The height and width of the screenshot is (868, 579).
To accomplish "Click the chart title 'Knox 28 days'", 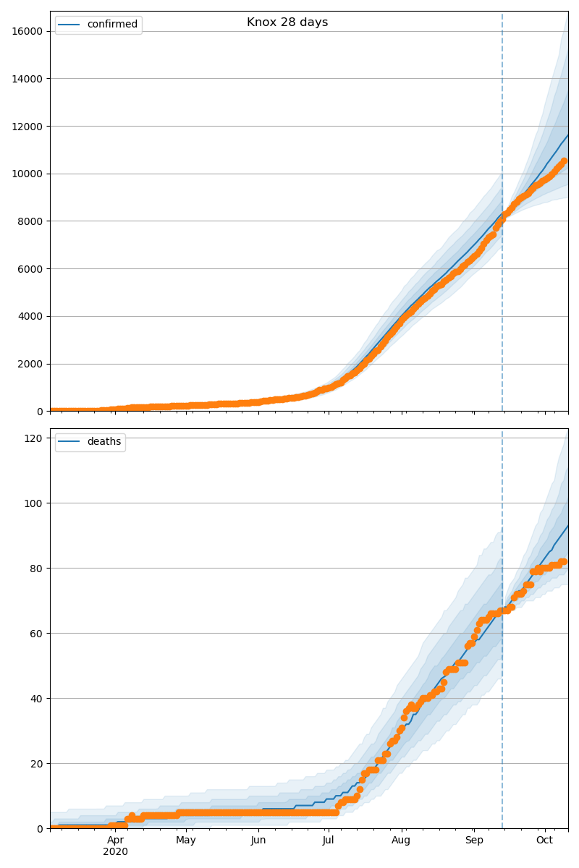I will tap(287, 22).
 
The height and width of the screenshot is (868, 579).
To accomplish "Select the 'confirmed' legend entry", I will tap(112, 25).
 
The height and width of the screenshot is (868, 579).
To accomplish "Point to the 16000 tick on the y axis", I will tap(28, 31).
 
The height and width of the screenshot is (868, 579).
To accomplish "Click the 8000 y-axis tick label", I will tap(31, 221).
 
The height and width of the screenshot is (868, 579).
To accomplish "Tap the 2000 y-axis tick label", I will tap(31, 365).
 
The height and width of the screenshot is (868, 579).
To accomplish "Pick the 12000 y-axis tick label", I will tap(28, 127).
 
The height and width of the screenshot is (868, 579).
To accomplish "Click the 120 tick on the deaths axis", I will tap(33, 438).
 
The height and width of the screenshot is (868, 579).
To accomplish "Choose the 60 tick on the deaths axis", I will tap(36, 633).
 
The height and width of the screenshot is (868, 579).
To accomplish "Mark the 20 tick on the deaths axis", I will tap(36, 763).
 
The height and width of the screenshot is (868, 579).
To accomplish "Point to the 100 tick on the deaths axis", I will tap(33, 503).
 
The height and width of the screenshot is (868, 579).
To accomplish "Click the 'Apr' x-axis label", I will tap(116, 841).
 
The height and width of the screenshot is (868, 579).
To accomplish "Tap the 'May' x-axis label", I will tap(186, 841).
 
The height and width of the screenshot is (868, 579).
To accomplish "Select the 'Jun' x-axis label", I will tap(258, 841).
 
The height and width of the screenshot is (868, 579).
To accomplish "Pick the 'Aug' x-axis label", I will tap(401, 841).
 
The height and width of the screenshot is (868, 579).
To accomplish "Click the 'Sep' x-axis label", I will tap(473, 841).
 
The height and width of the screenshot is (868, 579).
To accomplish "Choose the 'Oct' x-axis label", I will tap(544, 841).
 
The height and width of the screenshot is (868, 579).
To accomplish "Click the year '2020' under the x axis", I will tap(116, 852).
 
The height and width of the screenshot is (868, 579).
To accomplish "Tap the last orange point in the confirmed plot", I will tap(564, 161).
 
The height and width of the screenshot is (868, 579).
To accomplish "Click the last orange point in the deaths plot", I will tap(564, 561).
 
